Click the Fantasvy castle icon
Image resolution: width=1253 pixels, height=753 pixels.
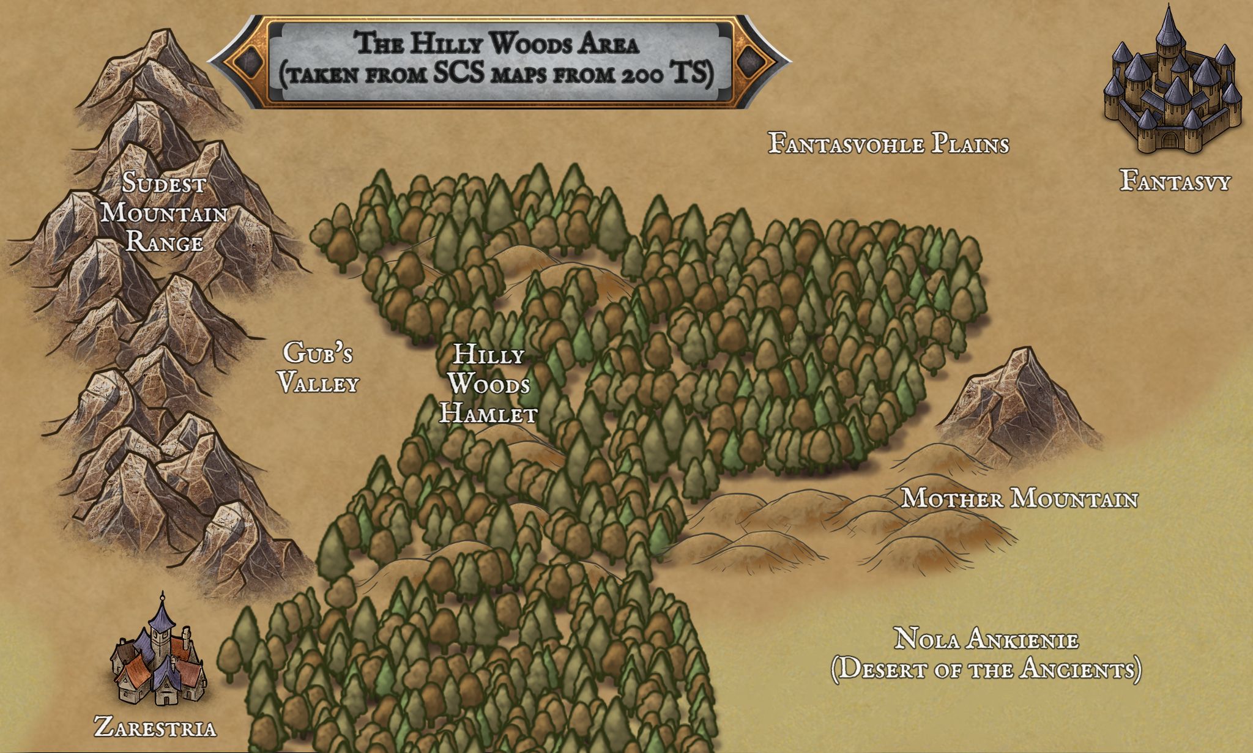coord(1172,86)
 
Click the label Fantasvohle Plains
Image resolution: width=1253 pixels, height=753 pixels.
coord(888,144)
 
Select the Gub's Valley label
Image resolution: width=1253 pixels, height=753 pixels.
coord(318,368)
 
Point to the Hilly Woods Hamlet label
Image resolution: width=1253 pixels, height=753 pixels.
coord(488,384)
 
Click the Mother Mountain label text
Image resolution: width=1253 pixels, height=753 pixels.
coord(1019,499)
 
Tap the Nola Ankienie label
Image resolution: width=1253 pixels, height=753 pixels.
coord(986,640)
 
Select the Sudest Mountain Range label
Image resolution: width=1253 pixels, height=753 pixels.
coord(164,213)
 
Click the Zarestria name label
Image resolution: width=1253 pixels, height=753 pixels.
coord(155,728)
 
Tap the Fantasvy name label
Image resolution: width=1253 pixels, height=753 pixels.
coord(1175,181)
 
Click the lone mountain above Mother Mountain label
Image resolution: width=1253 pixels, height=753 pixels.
coord(1019,398)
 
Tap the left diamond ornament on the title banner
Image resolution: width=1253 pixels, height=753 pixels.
coord(248,61)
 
